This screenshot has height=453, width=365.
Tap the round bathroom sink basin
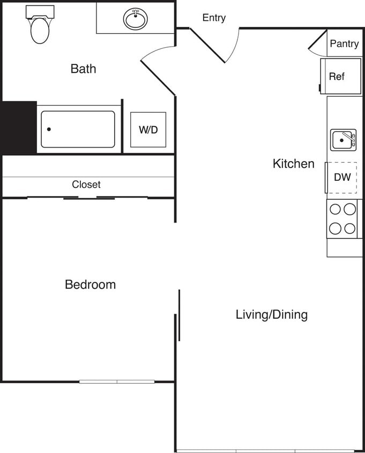[x=136, y=19]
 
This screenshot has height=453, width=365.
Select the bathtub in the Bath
[x=78, y=129]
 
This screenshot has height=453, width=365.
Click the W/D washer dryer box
[x=148, y=129]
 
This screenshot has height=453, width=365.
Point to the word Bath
[x=83, y=69]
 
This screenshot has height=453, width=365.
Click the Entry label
[x=214, y=18]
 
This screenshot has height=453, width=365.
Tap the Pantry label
[x=344, y=43]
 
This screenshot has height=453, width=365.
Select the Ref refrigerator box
[x=340, y=76]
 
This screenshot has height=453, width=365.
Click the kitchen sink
[x=342, y=140]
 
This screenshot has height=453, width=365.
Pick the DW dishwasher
[x=342, y=177]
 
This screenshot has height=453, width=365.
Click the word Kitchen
[x=293, y=164]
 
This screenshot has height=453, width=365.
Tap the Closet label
[x=86, y=185]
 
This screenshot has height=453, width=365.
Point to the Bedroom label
[x=90, y=284]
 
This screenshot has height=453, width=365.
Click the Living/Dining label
[x=272, y=315]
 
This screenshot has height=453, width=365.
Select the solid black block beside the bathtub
[x=19, y=128]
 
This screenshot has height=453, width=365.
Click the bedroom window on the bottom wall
[x=117, y=382]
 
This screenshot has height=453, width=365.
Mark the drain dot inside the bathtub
[x=49, y=129]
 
